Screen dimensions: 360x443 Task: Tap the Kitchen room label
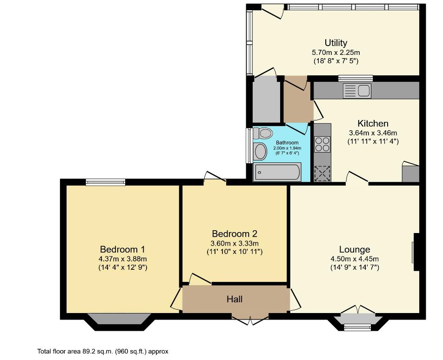(373, 123)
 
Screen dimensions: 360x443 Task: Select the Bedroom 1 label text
(122, 249)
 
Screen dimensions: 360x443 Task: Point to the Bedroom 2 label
(235, 233)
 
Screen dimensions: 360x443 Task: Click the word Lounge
(354, 249)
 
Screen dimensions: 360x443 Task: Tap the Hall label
(235, 299)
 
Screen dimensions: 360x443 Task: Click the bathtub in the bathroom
(277, 173)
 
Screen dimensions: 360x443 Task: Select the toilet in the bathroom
(264, 133)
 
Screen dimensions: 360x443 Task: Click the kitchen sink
(357, 91)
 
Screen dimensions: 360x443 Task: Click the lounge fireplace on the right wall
(415, 252)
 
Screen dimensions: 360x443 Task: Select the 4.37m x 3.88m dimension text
(122, 259)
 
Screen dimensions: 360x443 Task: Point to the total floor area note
(102, 352)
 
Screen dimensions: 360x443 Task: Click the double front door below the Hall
(250, 320)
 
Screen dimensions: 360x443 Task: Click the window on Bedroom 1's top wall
(105, 182)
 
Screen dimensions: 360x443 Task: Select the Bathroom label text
(287, 142)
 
